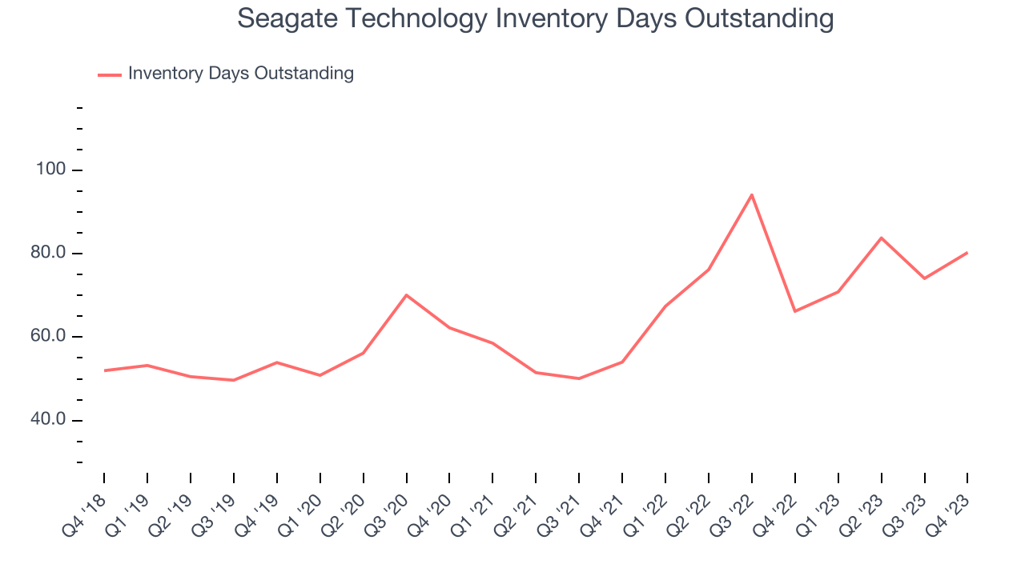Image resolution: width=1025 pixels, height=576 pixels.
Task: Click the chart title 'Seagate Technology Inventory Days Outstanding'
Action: point(535,18)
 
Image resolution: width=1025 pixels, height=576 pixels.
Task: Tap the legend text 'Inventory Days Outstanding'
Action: point(240,74)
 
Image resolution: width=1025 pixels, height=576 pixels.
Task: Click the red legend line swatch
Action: point(109,74)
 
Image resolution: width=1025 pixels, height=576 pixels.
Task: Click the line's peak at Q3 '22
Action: point(751,194)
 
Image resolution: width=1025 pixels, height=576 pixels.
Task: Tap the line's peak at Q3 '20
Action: point(407,295)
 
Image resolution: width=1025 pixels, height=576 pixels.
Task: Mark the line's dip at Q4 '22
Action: point(794,311)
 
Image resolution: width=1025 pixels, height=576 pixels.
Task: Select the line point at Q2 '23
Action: point(881,238)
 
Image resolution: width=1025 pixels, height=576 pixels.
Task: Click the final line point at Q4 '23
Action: point(967,253)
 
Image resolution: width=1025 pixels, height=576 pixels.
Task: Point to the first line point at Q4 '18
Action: point(104,370)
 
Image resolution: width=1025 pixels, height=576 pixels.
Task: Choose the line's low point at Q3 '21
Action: point(578,378)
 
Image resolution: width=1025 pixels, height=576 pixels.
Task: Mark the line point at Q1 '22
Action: point(665,306)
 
